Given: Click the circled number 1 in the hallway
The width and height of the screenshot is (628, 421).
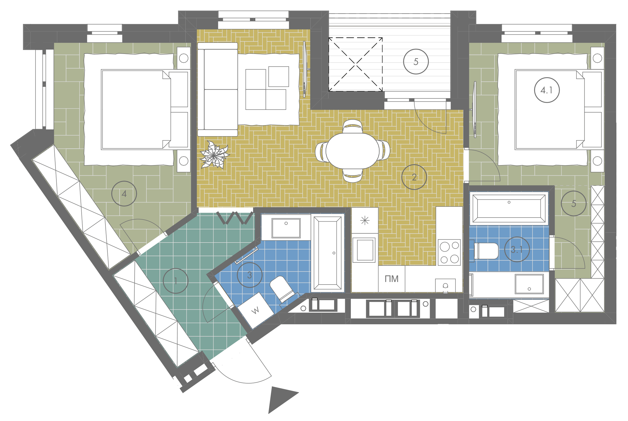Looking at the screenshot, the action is point(176,281).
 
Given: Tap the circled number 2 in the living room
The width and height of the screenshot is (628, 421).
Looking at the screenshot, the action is point(414,177).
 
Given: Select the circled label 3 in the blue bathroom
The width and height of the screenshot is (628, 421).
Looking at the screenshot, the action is point(249,275).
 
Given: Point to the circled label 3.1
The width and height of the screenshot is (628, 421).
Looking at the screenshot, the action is point(517,249).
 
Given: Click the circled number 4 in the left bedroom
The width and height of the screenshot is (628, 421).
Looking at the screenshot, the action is point(124,194).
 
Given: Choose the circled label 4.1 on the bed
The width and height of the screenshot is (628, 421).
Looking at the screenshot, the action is point(547,90).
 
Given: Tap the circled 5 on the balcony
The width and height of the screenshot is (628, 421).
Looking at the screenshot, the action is point(416,62).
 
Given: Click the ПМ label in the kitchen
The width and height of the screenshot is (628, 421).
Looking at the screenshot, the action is point(391,279).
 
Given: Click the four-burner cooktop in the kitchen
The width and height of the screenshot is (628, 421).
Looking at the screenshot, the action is point(449,252).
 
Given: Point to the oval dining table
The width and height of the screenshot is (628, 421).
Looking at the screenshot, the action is point(353,151).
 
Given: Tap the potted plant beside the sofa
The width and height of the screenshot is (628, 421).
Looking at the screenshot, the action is point(214,155).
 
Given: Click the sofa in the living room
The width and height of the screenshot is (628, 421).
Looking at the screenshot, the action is point(217,89).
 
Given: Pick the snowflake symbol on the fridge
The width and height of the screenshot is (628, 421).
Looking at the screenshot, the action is point(365,220).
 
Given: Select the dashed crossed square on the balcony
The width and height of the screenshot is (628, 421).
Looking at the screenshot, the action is point(355,64).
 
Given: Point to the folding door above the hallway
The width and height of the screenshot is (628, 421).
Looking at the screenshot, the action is point(234,218).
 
